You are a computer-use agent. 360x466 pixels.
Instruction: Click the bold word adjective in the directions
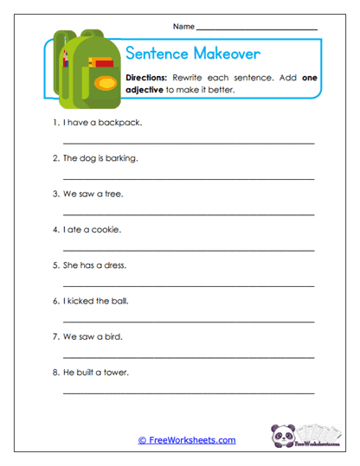pyautogui.click(x=145, y=89)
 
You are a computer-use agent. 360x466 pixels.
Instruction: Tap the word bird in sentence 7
pyautogui.click(x=115, y=336)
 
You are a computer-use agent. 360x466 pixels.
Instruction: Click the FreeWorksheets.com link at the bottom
pyautogui.click(x=186, y=440)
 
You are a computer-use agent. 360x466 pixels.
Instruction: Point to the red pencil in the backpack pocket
pyautogui.click(x=103, y=63)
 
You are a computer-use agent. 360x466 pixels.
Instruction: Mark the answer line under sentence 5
pyautogui.click(x=189, y=284)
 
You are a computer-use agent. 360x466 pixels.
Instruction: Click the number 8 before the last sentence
pyautogui.click(x=55, y=372)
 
